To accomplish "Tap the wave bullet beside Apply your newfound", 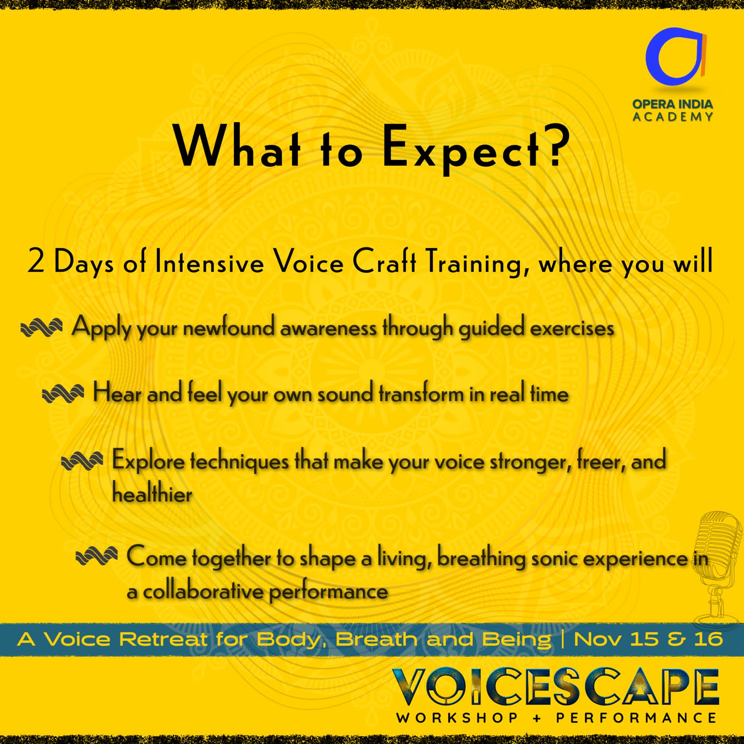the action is coord(41,327).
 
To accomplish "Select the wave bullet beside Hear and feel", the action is coord(63,395).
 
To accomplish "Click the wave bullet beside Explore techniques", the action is coord(82,461).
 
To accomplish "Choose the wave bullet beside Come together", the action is coord(96,556).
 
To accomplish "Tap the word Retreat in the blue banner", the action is coord(163,639).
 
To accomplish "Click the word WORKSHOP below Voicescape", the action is coord(457,717).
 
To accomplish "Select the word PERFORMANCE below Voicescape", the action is coord(637,717).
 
